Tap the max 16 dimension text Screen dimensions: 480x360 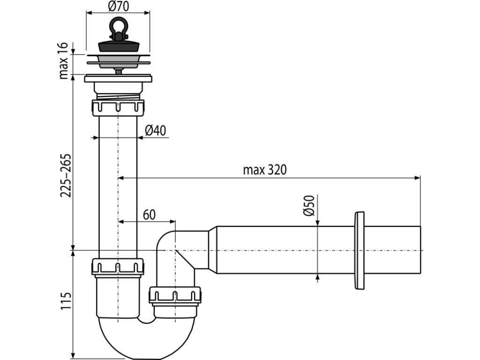click(x=64, y=60)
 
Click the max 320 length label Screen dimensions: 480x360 click(x=264, y=170)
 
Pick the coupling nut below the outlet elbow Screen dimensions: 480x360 click(x=175, y=297)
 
